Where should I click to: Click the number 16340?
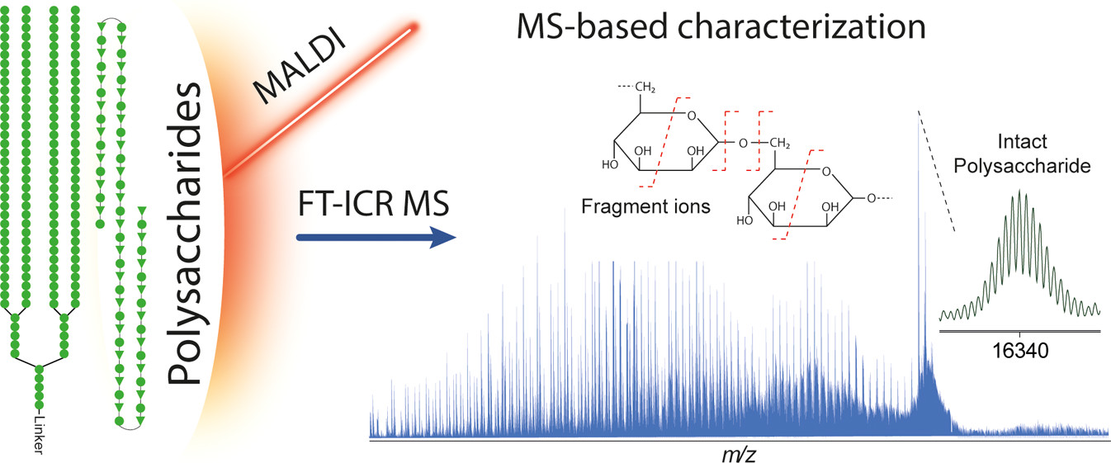(x=1019, y=348)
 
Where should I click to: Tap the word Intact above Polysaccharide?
(x=1021, y=143)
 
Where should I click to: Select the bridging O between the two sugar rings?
(x=741, y=144)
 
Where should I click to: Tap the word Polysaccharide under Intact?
(x=1021, y=165)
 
